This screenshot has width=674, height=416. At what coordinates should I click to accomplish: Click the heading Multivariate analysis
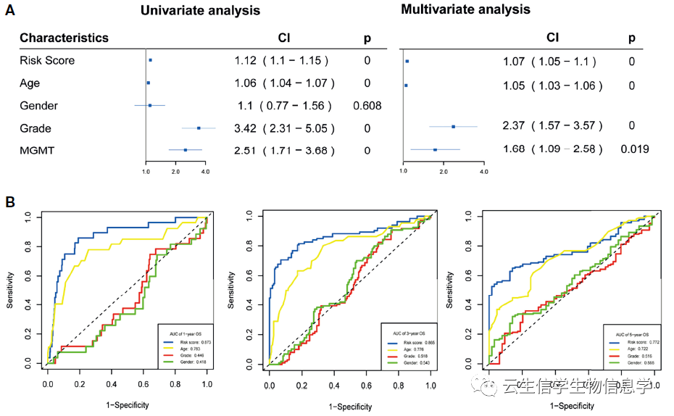tap(465, 10)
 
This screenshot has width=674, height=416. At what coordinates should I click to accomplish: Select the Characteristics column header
tap(64, 38)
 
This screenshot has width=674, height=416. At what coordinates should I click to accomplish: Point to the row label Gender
tap(38, 106)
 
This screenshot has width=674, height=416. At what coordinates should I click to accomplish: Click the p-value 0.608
tap(367, 106)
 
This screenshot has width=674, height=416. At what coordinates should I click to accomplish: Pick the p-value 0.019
tap(634, 149)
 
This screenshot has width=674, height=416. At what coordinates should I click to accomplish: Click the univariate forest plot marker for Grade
tap(199, 128)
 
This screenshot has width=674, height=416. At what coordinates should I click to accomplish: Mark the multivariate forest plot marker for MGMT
tap(435, 149)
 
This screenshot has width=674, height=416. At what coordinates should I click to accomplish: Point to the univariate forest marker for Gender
tap(150, 106)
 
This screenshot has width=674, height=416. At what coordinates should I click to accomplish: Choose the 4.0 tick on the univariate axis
tap(205, 172)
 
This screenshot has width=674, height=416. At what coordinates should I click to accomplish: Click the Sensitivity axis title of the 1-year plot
tap(11, 291)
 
